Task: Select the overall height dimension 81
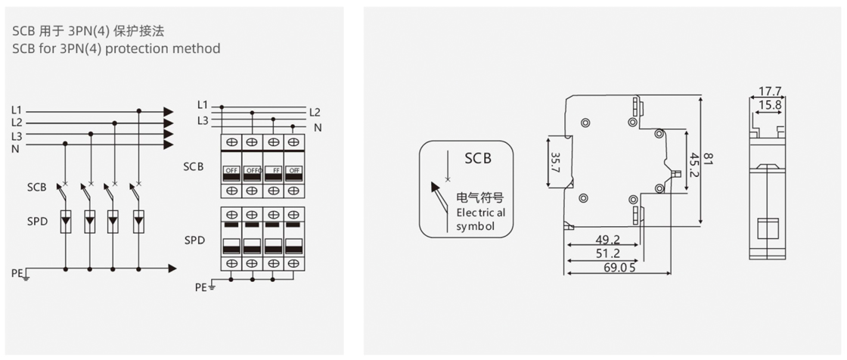(x=709, y=160)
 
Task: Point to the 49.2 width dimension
(x=607, y=240)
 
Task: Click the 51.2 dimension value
(x=607, y=253)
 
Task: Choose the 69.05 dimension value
(x=619, y=267)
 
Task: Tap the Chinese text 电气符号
(x=474, y=198)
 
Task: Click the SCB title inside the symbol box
(x=478, y=158)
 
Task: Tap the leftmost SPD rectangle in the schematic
(x=66, y=222)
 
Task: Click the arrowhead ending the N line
(x=169, y=145)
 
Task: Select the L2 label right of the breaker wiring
(x=315, y=112)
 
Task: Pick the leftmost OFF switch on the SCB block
(x=230, y=170)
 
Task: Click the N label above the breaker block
(x=318, y=128)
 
